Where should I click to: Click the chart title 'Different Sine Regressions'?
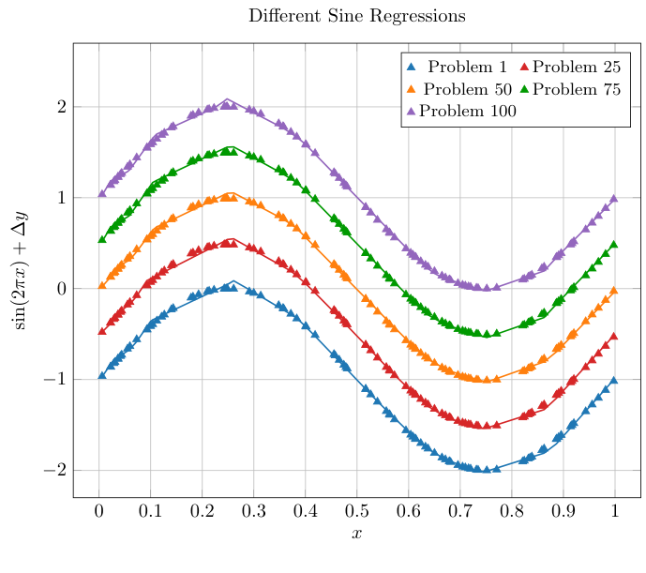[356, 17]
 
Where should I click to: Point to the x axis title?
[356, 534]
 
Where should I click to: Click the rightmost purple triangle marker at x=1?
[614, 198]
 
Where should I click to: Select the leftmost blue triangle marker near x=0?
[102, 375]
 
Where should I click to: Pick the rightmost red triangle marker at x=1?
[614, 336]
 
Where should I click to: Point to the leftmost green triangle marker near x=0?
[102, 239]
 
